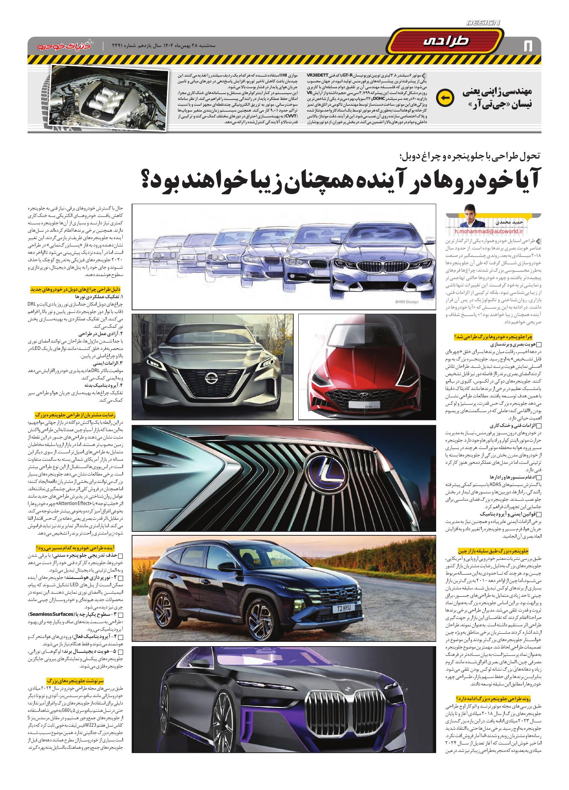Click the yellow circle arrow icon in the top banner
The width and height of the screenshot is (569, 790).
pyautogui.click(x=445, y=98)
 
